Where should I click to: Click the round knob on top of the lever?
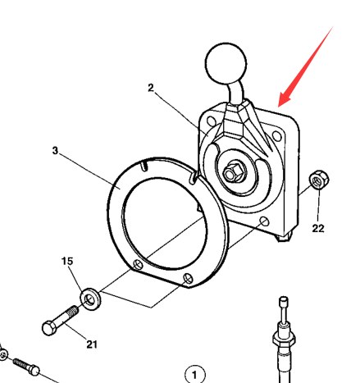[x=226, y=63]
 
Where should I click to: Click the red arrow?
[x=306, y=66]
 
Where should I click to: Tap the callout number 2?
[x=151, y=88]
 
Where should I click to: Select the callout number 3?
[x=55, y=150]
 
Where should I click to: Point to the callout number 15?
[x=67, y=261]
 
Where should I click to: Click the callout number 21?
[x=92, y=344]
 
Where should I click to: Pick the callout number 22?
[x=318, y=228]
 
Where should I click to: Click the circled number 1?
[x=195, y=374]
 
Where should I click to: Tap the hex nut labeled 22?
[x=319, y=180]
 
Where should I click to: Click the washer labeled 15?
[x=90, y=299]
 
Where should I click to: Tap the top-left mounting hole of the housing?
[x=211, y=121]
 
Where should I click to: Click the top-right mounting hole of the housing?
[x=276, y=136]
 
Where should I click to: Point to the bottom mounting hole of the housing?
[x=264, y=221]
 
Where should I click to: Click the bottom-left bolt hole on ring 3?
[x=138, y=264]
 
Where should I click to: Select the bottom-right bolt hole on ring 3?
[x=188, y=278]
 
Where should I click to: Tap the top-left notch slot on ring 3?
[x=144, y=166]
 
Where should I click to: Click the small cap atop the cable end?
[x=284, y=301]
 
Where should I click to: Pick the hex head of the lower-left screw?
[x=34, y=371]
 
